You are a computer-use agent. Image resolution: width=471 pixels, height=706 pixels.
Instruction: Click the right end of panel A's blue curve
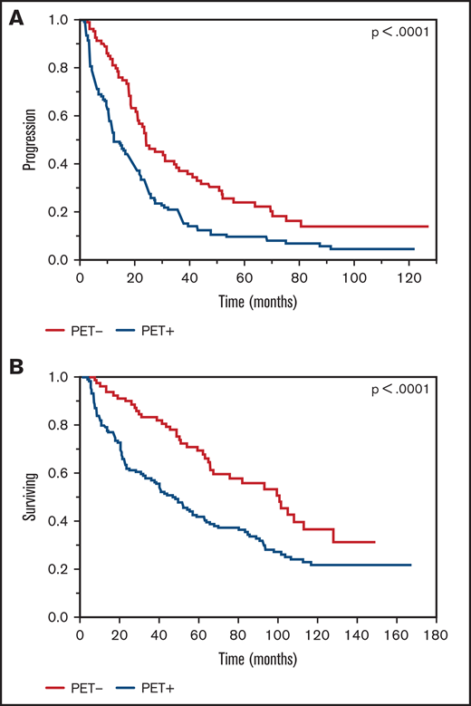(x=414, y=248)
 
